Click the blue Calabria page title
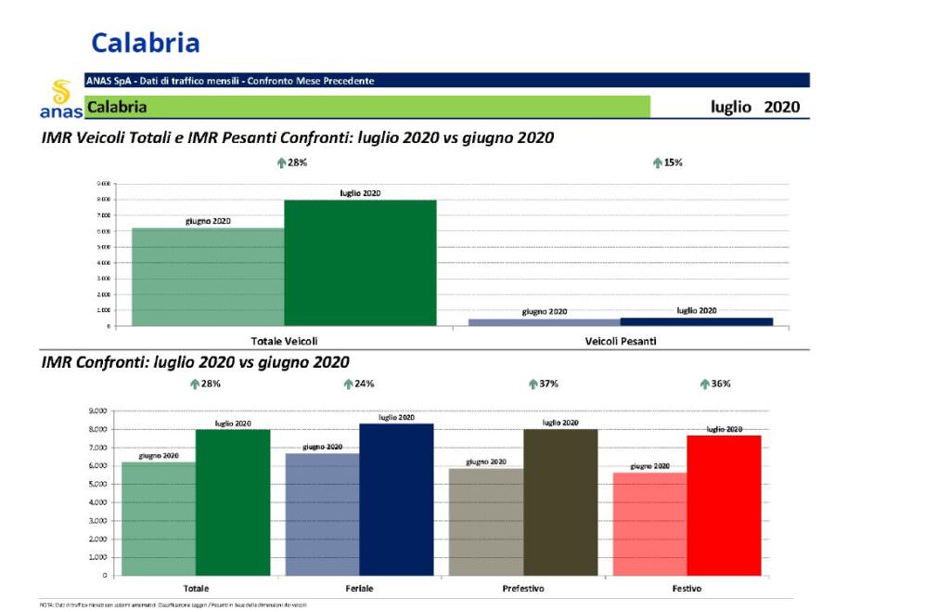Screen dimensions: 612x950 pyautogui.click(x=146, y=43)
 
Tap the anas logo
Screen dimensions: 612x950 pyautogui.click(x=61, y=100)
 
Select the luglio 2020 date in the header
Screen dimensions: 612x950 pyautogui.click(x=754, y=107)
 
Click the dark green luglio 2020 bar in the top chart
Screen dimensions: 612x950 pyautogui.click(x=360, y=263)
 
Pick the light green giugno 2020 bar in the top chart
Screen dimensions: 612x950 pyautogui.click(x=208, y=277)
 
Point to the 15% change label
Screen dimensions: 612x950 pyautogui.click(x=668, y=163)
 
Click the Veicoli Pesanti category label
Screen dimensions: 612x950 pyautogui.click(x=621, y=341)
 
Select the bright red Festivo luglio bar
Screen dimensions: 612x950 pyautogui.click(x=724, y=505)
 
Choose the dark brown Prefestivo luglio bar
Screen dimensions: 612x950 pyautogui.click(x=560, y=502)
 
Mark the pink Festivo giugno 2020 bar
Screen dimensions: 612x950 pyautogui.click(x=649, y=524)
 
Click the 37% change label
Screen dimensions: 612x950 pyautogui.click(x=548, y=384)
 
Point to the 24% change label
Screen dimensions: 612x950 pyautogui.click(x=363, y=384)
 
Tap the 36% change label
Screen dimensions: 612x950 pyautogui.click(x=721, y=384)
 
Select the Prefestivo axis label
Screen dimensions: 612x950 pyautogui.click(x=523, y=589)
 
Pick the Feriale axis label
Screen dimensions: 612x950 pyautogui.click(x=359, y=589)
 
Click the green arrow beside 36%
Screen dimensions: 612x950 pyautogui.click(x=704, y=384)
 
